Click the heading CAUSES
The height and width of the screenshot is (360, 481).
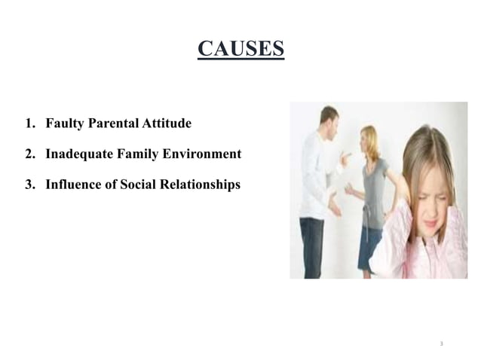tap(240, 49)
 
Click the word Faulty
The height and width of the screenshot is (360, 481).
tap(65, 123)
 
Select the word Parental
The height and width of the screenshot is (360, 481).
tap(115, 123)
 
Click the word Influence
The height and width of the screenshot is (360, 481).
tap(73, 184)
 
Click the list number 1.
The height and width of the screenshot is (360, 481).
tap(29, 123)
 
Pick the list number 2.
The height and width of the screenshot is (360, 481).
tap(29, 154)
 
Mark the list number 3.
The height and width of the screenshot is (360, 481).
tap(29, 184)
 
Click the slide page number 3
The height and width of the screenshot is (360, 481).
tap(442, 343)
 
